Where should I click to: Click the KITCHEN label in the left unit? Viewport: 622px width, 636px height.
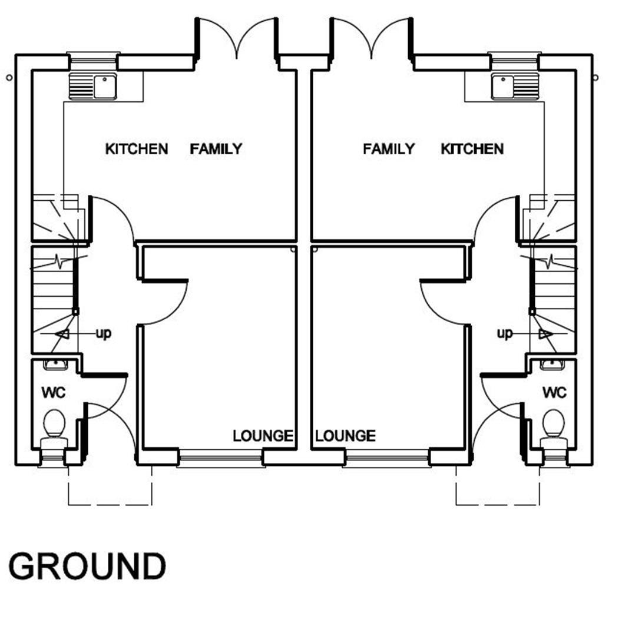point(136,149)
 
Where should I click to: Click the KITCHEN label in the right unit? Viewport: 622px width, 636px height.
point(472,149)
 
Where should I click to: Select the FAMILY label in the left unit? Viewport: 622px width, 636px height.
point(216,149)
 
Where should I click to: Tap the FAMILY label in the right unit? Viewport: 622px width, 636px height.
point(388,149)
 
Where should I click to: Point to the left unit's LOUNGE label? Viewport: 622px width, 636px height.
point(263,436)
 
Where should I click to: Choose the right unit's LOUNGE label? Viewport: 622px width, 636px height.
point(345,436)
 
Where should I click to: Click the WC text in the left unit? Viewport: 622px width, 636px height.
point(54,392)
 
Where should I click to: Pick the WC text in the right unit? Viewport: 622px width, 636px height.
point(554,392)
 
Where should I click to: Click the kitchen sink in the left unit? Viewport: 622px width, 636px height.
point(94,87)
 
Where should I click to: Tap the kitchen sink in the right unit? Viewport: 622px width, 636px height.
point(515,87)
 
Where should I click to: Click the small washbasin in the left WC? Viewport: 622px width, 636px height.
point(56,365)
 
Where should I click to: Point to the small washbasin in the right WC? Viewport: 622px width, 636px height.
point(552,365)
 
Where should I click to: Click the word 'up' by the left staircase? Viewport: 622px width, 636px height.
point(103,334)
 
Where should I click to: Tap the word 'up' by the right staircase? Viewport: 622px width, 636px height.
point(505,334)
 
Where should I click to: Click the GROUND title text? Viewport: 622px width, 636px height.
point(87,566)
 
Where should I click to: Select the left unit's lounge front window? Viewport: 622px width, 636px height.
point(220,458)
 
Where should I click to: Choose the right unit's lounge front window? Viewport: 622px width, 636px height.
point(387,458)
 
